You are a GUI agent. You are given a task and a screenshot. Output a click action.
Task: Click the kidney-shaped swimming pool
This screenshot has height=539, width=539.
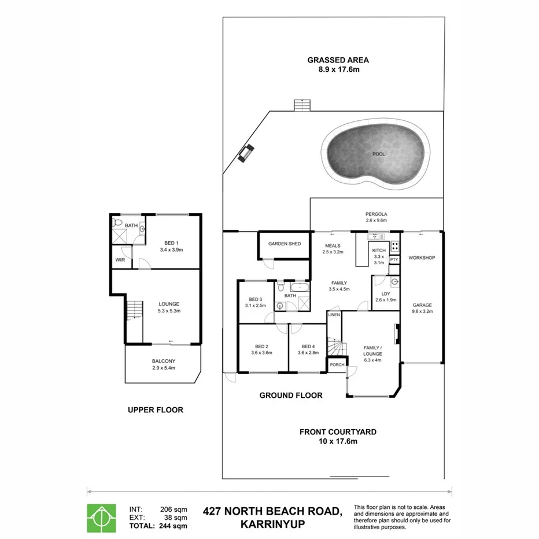tap(379, 154)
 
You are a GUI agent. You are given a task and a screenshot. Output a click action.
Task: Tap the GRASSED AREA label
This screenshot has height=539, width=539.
tap(338, 60)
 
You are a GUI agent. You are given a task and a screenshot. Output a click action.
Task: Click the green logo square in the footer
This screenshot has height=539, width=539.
tap(102, 518)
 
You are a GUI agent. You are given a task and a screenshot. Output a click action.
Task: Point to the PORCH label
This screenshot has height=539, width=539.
tap(337, 365)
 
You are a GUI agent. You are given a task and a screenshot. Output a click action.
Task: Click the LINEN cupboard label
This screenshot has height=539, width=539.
tap(334, 315)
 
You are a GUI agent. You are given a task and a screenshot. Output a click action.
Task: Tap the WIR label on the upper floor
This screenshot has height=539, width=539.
tap(120, 260)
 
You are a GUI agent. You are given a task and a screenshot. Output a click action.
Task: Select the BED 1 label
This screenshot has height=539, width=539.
tap(170, 243)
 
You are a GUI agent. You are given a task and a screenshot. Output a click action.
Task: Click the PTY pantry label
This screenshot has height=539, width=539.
tap(394, 260)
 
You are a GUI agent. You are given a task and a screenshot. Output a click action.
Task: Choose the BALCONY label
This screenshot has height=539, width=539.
tap(163, 361)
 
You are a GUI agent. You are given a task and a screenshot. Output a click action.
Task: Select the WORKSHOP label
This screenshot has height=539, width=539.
tap(422, 257)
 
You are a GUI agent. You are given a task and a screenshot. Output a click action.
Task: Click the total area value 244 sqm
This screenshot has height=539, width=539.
tap(174, 526)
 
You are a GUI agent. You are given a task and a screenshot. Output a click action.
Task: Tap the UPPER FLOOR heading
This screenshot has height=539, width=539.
tap(155, 410)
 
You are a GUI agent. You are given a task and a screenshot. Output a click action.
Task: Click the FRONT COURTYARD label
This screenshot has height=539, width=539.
tap(338, 431)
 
